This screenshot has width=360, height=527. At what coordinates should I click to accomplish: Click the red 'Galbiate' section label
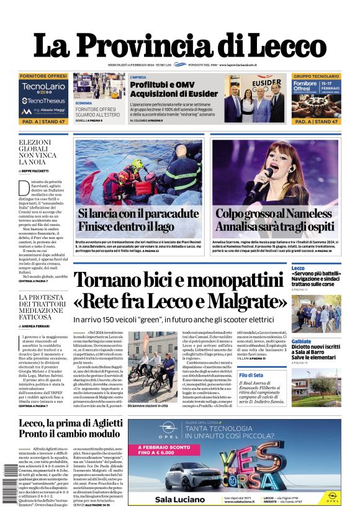tap(302, 341)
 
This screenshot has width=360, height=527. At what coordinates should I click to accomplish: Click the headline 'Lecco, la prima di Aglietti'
tap(70, 425)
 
